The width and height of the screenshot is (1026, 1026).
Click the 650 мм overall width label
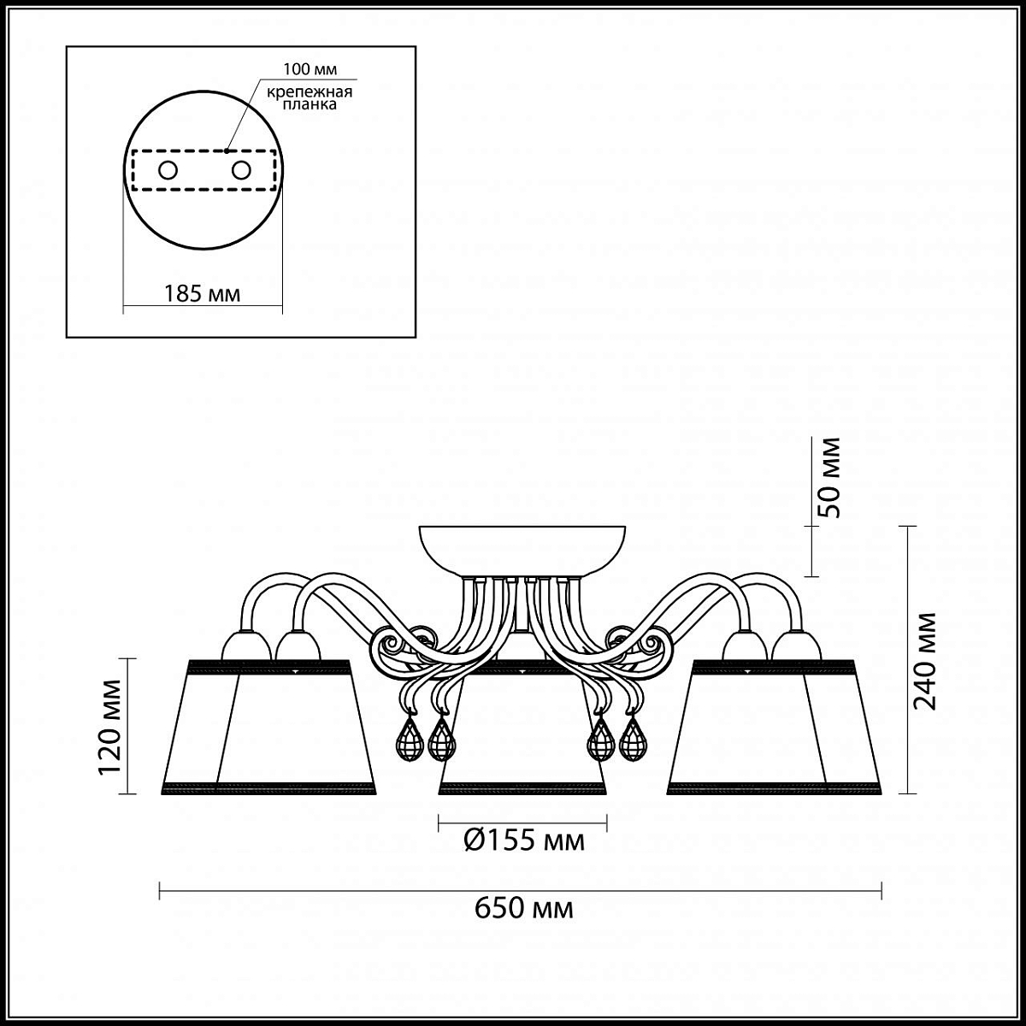pos(524,907)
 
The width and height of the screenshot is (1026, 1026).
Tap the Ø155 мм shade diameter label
pos(524,840)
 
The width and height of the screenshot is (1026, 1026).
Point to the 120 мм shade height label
pos(110,727)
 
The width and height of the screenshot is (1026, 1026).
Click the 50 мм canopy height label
pos(829,478)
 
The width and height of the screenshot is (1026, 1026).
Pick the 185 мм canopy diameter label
pos(202,293)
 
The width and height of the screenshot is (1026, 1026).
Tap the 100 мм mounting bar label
pos(310,69)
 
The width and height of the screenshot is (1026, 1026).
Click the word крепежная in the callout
pos(310,92)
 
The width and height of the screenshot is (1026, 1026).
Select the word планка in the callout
pos(310,104)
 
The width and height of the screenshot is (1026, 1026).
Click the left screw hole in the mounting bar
pos(168,170)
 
